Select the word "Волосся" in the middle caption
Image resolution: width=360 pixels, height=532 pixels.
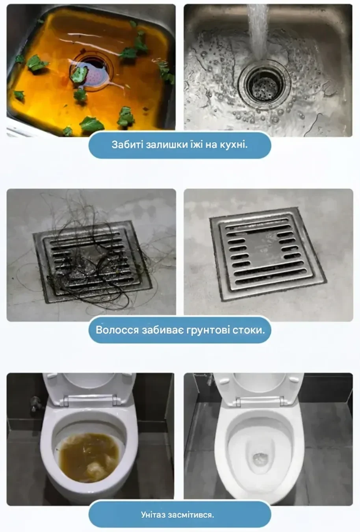[x=117, y=330]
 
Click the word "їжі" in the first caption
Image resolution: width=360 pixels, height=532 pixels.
[x=196, y=145]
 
